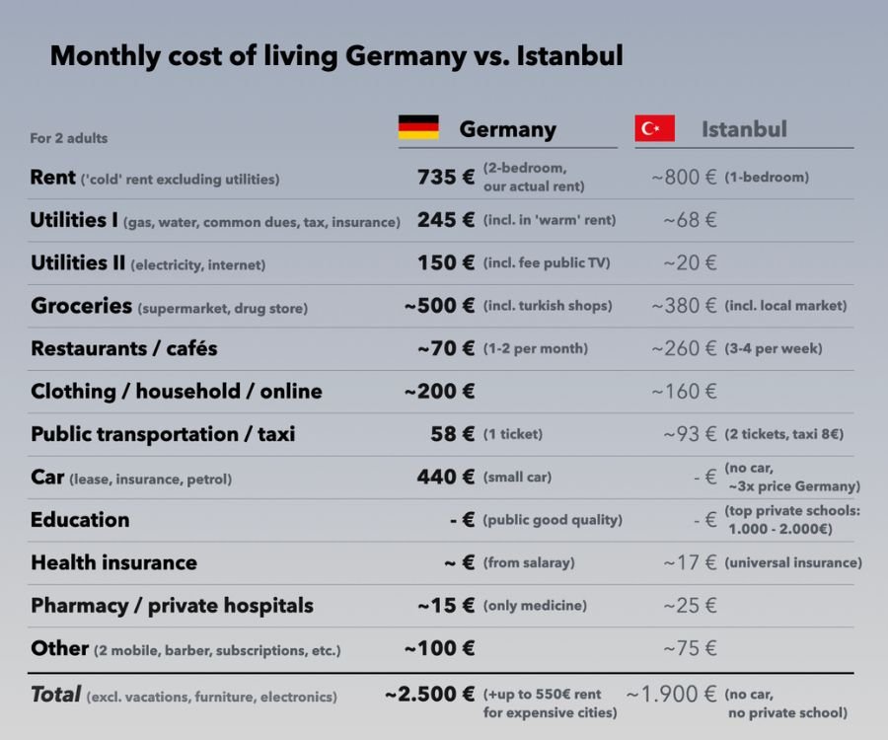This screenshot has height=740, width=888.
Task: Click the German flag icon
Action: pyautogui.click(x=418, y=128)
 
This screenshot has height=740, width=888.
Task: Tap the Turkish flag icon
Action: pyautogui.click(x=654, y=128)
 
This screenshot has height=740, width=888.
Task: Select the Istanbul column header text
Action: pyautogui.click(x=744, y=129)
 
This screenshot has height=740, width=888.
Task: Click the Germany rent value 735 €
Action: pyautogui.click(x=446, y=178)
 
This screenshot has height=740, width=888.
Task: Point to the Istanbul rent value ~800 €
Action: pyautogui.click(x=684, y=178)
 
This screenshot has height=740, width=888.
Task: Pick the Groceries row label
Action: pyautogui.click(x=81, y=306)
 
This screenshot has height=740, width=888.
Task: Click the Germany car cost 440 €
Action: pyautogui.click(x=446, y=478)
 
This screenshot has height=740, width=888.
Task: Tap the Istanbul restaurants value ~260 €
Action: pyautogui.click(x=684, y=348)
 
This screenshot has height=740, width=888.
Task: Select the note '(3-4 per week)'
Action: pyautogui.click(x=774, y=349)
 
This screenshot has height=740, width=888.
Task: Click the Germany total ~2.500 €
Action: pyautogui.click(x=430, y=695)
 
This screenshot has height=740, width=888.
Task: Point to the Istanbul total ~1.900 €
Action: pyautogui.click(x=671, y=695)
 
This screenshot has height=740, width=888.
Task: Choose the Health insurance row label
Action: pyautogui.click(x=113, y=563)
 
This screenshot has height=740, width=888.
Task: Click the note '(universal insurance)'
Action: pyautogui.click(x=793, y=563)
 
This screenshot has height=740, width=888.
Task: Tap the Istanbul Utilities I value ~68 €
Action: pyautogui.click(x=690, y=220)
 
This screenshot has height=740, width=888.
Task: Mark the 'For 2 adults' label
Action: pyautogui.click(x=69, y=138)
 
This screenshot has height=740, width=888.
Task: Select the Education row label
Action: pyautogui.click(x=80, y=520)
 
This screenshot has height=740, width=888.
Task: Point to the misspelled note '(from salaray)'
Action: pyautogui.click(x=529, y=563)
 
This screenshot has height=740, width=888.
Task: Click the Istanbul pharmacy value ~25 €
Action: pyautogui.click(x=690, y=606)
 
